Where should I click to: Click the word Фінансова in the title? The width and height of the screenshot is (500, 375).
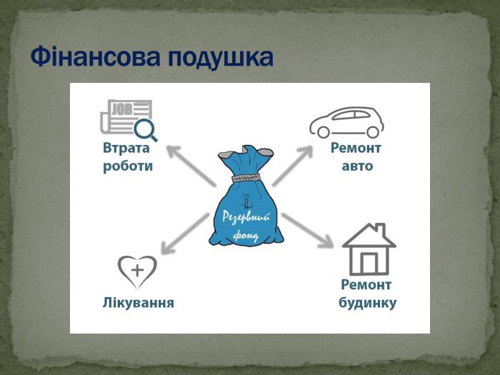[x=95, y=56]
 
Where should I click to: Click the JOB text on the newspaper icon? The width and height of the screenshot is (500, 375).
[x=123, y=109]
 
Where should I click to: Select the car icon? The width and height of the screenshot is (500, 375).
[x=346, y=122]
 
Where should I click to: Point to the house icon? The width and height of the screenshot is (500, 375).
[x=369, y=249]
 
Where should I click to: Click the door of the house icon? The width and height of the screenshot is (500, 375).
[x=369, y=263]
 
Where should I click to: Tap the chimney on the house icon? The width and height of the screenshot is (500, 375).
[x=381, y=229]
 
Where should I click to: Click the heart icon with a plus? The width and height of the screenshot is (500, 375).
[x=137, y=271]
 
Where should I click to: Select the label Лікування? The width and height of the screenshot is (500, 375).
[x=139, y=303]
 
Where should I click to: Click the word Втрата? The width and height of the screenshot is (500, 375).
[x=126, y=148]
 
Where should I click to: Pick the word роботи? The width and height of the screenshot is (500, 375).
[x=128, y=166]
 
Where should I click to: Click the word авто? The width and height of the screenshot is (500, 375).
[x=357, y=166]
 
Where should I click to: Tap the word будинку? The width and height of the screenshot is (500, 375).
[x=367, y=303]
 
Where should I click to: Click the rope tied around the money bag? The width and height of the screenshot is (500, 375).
[x=246, y=177]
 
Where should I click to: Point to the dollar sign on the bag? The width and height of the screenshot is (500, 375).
[x=246, y=201]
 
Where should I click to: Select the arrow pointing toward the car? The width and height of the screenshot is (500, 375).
[x=292, y=166]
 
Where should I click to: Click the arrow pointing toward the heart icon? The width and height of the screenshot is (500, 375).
[x=184, y=234]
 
